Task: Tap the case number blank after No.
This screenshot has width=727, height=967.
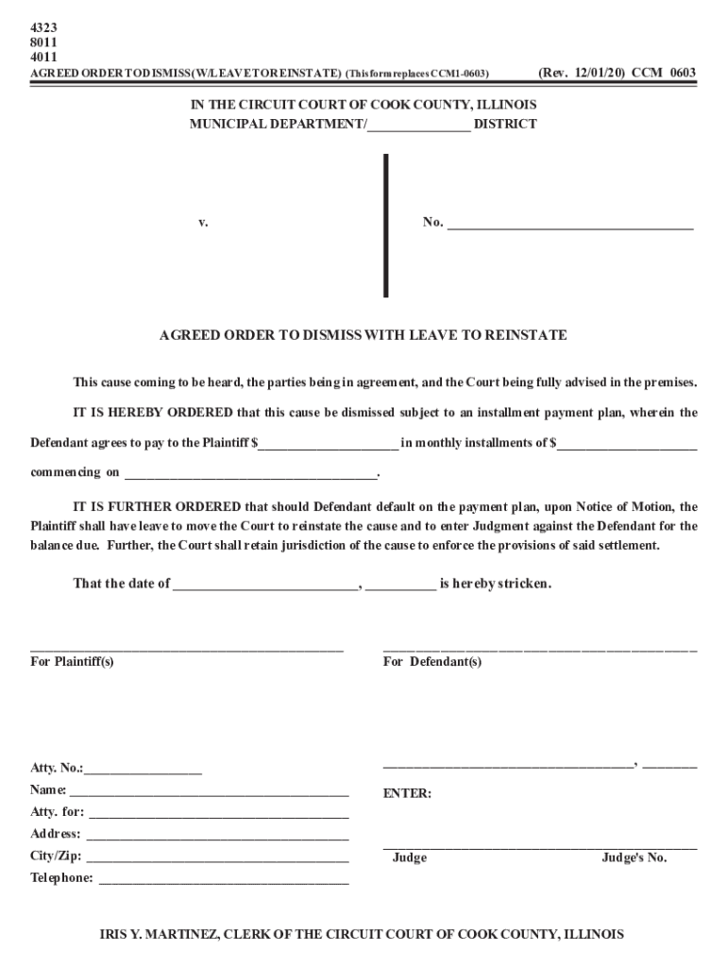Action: [x=570, y=226]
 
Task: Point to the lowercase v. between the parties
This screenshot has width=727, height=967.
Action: [x=203, y=223]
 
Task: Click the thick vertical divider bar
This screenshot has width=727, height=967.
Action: [x=385, y=226]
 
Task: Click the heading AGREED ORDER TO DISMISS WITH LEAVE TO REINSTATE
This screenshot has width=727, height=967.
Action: [x=363, y=335]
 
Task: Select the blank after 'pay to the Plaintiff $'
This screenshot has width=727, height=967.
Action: [x=328, y=445]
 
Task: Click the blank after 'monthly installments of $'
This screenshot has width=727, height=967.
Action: [x=627, y=445]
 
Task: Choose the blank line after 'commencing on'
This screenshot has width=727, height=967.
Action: [x=250, y=474]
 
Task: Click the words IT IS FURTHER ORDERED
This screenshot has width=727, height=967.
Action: [x=157, y=506]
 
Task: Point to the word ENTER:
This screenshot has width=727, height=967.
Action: [x=407, y=794]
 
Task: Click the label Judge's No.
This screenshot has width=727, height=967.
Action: [x=634, y=858]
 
